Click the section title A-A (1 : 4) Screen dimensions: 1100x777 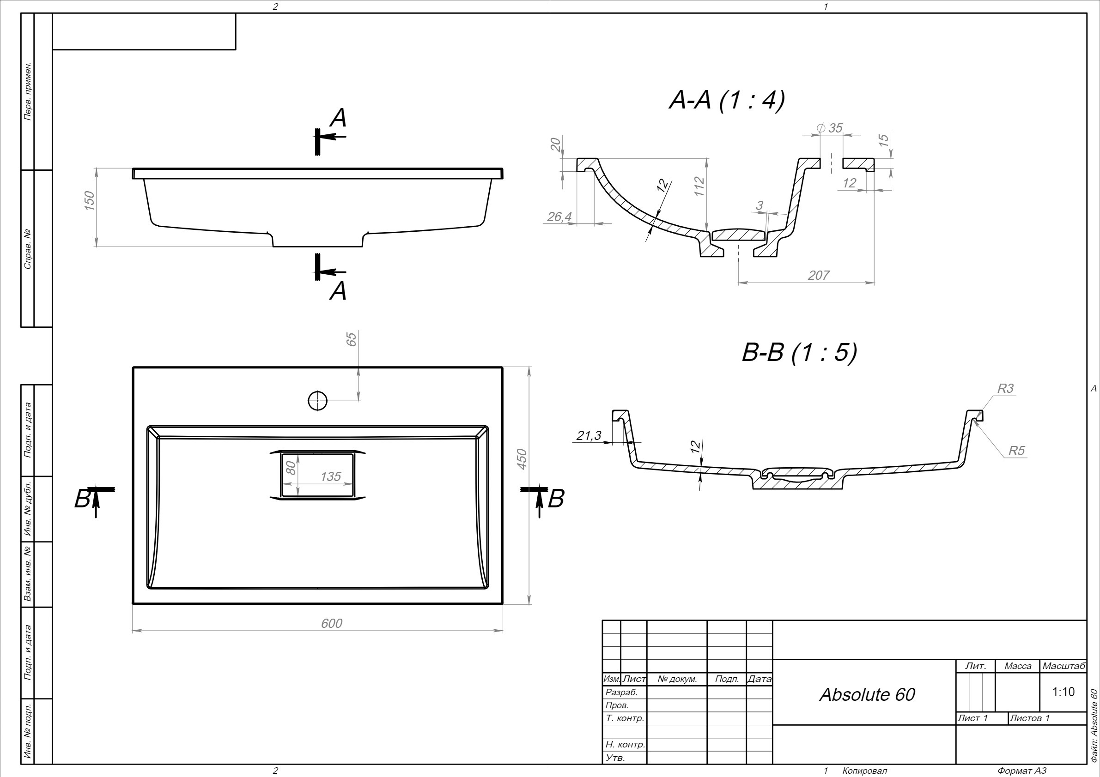click(727, 101)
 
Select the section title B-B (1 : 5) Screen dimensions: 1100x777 click(799, 352)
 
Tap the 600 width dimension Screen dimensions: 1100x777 click(332, 623)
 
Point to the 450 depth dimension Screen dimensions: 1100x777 click(522, 458)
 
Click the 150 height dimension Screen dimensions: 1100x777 click(89, 200)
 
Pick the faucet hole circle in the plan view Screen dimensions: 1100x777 click(318, 400)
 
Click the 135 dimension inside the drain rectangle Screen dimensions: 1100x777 click(331, 476)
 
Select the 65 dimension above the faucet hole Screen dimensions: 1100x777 click(351, 339)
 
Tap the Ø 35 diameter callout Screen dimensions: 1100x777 click(829, 128)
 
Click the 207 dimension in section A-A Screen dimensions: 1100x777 click(818, 275)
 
